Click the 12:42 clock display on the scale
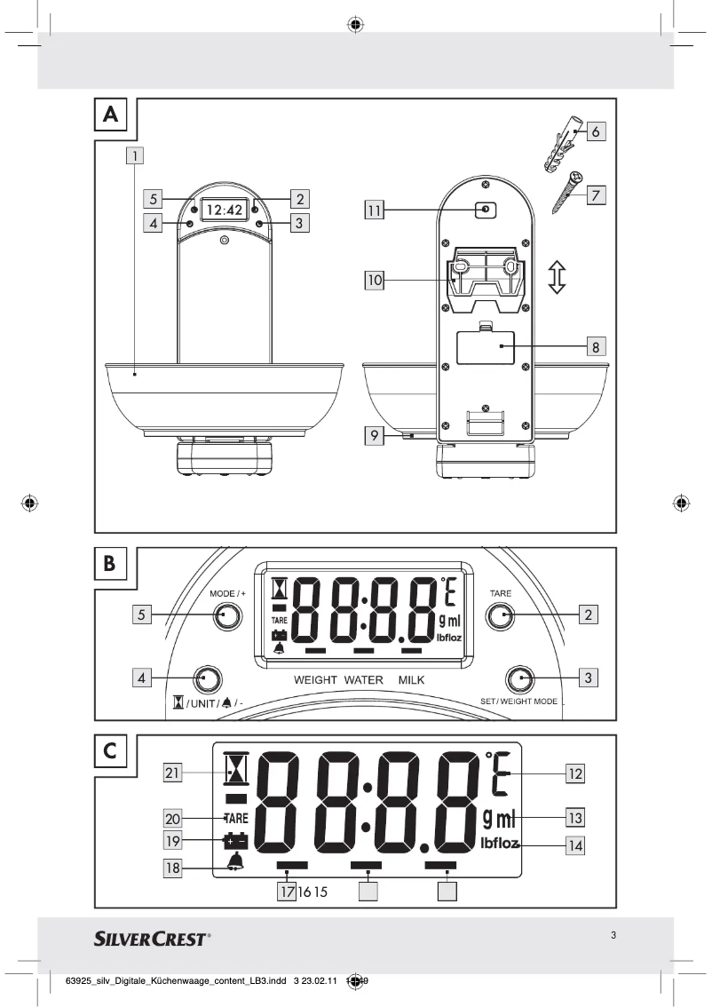coord(224,210)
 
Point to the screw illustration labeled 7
coord(565,191)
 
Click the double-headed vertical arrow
coord(557,277)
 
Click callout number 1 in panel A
coord(134,157)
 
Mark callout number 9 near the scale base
coord(375,435)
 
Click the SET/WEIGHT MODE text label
coord(519,702)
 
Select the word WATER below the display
coord(362,680)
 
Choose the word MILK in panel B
coord(412,680)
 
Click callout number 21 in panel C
coord(174,773)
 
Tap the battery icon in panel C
coord(235,839)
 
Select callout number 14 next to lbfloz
coord(575,844)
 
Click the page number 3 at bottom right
coord(613,934)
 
